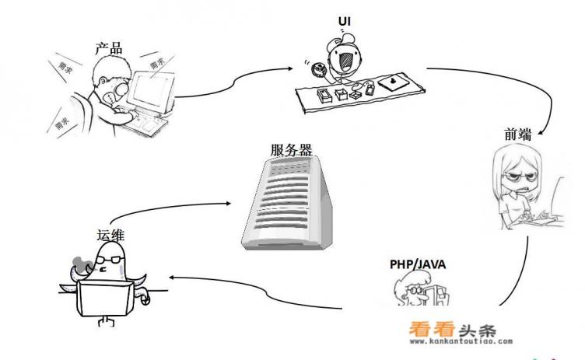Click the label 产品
110,47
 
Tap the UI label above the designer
345,21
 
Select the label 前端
517,135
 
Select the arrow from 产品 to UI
233,81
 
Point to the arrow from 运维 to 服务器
171,204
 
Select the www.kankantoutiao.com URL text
460,341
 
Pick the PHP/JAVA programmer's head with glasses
412,288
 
